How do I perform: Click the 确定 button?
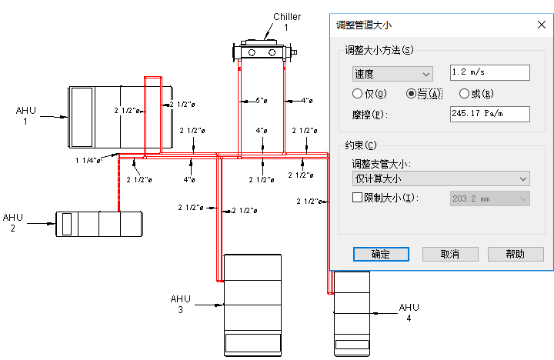click(379, 254)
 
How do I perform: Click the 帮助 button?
click(516, 254)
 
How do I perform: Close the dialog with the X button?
click(540, 24)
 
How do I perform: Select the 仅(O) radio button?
click(357, 94)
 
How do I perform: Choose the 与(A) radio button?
click(412, 94)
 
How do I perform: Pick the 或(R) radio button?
click(465, 94)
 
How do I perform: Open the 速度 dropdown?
click(392, 74)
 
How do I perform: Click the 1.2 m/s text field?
click(490, 73)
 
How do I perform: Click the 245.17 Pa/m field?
click(490, 115)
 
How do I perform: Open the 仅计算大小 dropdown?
click(440, 178)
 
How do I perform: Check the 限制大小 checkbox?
click(357, 198)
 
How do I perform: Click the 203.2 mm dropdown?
click(489, 198)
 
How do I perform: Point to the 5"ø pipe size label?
click(262, 100)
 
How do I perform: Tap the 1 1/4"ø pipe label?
click(88, 161)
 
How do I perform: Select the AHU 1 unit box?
click(119, 117)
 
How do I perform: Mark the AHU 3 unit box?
click(252, 303)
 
